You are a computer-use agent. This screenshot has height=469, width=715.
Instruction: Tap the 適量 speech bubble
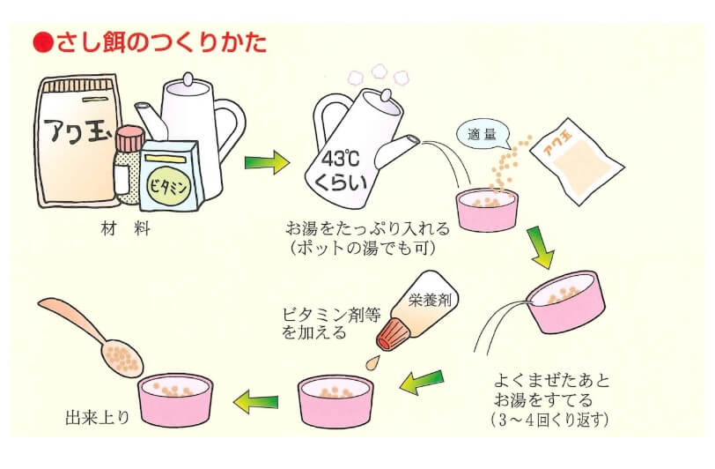click(x=483, y=135)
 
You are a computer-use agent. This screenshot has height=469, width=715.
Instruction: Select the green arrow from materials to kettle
click(x=267, y=161)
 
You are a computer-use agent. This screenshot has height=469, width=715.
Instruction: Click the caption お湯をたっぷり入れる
click(x=374, y=228)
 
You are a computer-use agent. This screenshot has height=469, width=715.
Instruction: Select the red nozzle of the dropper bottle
click(x=391, y=336)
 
